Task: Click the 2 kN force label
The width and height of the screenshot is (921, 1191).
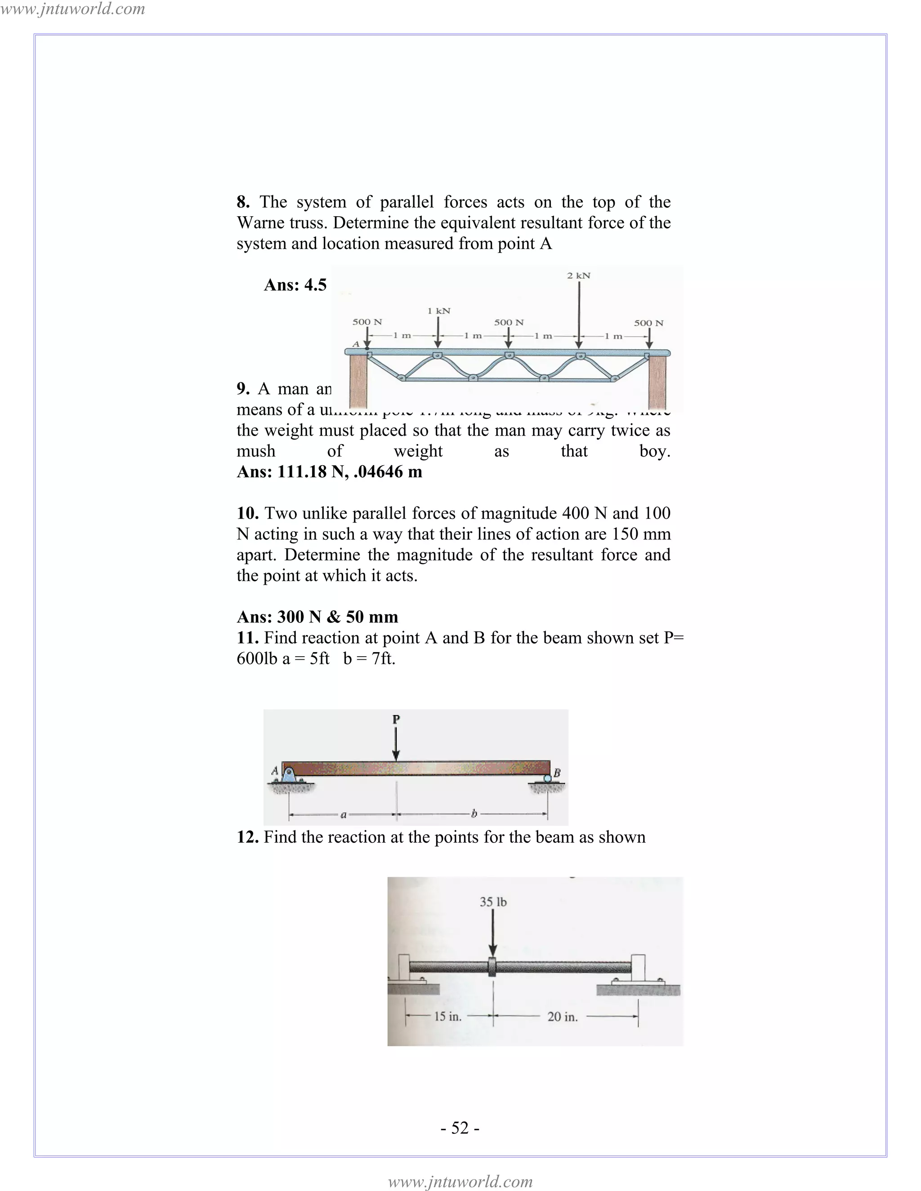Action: (578, 276)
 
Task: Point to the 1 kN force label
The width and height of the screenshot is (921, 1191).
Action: (438, 311)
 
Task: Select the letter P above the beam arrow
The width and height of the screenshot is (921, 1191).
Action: (396, 719)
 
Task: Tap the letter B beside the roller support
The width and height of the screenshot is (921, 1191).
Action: (557, 772)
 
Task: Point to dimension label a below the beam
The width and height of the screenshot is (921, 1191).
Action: (343, 815)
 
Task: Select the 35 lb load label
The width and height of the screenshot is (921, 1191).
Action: (493, 902)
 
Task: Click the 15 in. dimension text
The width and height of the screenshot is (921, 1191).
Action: (447, 1017)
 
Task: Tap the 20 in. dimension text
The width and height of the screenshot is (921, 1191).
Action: (562, 1017)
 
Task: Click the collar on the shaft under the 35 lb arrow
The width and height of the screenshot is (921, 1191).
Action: (493, 967)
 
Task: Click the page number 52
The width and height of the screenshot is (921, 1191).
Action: (460, 1128)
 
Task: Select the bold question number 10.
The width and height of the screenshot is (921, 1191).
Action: (247, 513)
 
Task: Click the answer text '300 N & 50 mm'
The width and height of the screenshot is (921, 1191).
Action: (337, 617)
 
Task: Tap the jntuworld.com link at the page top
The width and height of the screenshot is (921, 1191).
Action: (72, 9)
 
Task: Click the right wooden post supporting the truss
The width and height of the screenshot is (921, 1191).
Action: (658, 382)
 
